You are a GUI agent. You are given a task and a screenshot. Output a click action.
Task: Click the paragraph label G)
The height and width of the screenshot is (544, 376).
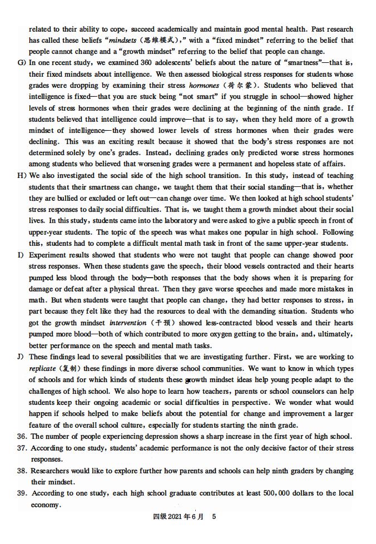[x=22, y=63]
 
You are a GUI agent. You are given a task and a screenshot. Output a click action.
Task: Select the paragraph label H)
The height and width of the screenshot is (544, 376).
[x=22, y=175]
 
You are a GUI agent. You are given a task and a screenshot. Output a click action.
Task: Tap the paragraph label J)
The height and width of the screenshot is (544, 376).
[x=22, y=357]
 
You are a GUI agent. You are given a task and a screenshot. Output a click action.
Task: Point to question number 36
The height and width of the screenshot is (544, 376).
[x=22, y=436]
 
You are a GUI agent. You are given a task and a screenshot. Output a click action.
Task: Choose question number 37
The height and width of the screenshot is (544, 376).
[x=22, y=448]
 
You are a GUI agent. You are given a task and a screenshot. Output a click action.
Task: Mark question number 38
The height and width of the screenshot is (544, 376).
[x=22, y=471]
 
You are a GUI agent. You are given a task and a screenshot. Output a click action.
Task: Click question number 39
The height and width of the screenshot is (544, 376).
[x=22, y=493]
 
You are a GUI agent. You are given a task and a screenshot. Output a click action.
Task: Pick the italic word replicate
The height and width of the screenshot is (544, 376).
[x=43, y=368]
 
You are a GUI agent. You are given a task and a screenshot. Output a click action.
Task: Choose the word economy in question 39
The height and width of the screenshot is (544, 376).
[x=45, y=505]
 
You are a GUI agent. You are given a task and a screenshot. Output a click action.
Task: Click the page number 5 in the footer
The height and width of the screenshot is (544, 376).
[x=214, y=516]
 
